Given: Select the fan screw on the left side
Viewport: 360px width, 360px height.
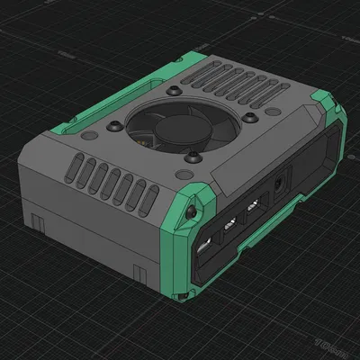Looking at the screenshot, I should [x=117, y=126].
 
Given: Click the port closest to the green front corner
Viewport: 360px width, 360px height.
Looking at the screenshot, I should [x=204, y=245].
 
